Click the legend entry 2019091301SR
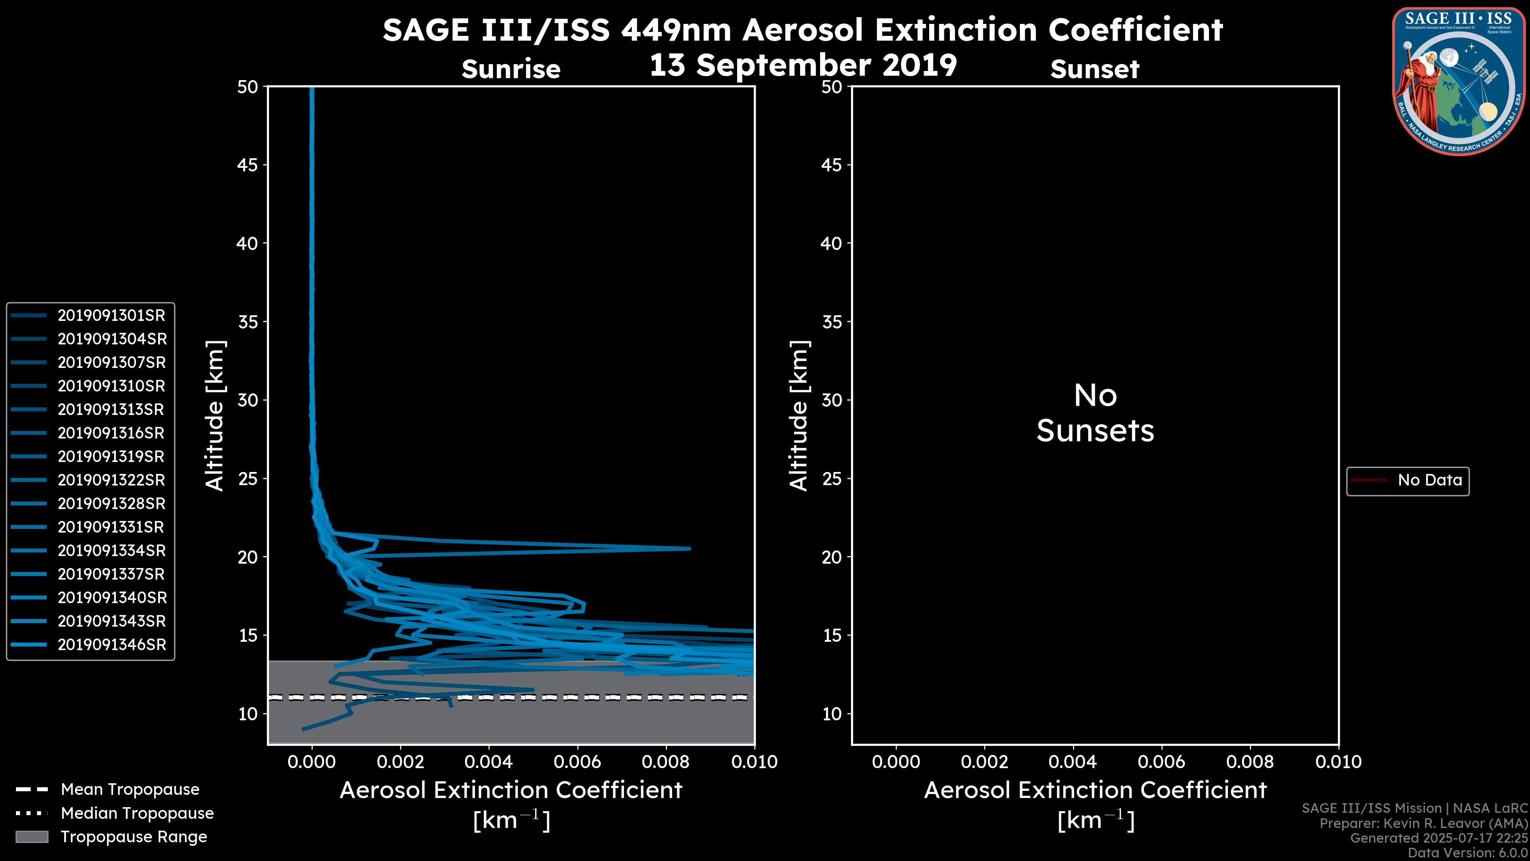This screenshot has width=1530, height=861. [x=111, y=316]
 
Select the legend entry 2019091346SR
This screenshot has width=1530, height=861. [x=112, y=645]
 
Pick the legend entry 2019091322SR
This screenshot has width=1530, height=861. [x=111, y=480]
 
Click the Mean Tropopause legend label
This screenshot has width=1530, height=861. [x=130, y=790]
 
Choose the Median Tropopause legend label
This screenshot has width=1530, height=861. [x=137, y=814]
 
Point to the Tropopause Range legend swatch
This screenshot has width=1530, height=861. [x=32, y=837]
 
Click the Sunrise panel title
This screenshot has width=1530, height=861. [x=511, y=69]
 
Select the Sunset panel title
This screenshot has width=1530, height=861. [x=1095, y=69]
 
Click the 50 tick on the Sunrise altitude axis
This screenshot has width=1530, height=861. [x=248, y=87]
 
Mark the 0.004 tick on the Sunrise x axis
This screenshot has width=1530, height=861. [x=489, y=762]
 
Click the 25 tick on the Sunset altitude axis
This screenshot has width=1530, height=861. [x=832, y=478]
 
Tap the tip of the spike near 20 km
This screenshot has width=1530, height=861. [x=689, y=548]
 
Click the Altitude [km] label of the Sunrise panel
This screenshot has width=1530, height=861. [x=214, y=415]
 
